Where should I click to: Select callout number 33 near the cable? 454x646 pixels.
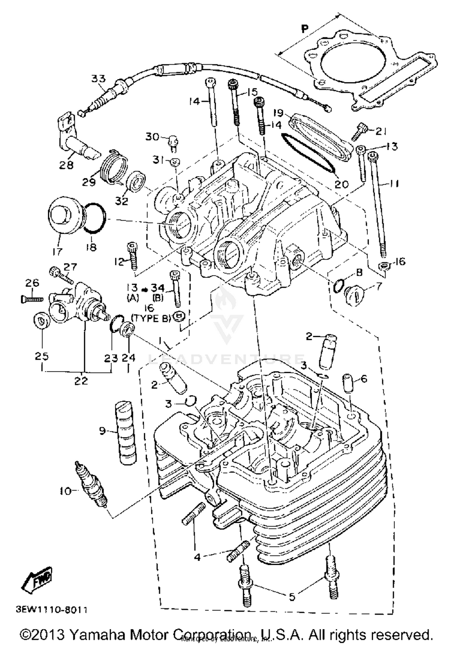point(99,79)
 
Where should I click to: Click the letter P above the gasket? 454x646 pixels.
point(305,29)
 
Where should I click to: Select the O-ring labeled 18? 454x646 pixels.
point(95,218)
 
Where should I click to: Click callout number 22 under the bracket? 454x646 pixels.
point(81,381)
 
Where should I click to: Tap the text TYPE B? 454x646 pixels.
point(151,318)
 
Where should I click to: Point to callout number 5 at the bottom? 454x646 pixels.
point(292,597)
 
